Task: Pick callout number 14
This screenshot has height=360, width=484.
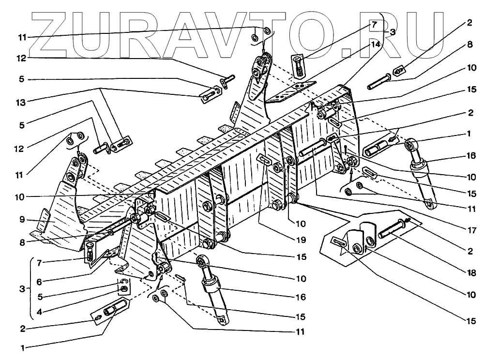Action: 376,44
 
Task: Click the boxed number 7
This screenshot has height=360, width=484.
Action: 374,24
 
